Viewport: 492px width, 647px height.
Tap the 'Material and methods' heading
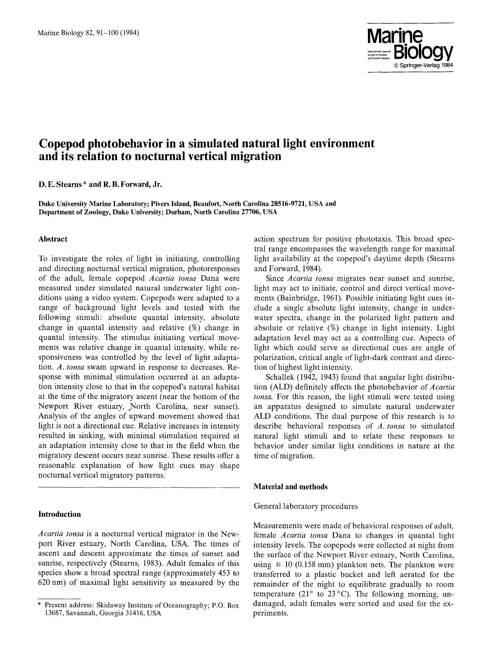(290, 487)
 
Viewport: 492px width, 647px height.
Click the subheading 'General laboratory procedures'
(305, 506)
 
